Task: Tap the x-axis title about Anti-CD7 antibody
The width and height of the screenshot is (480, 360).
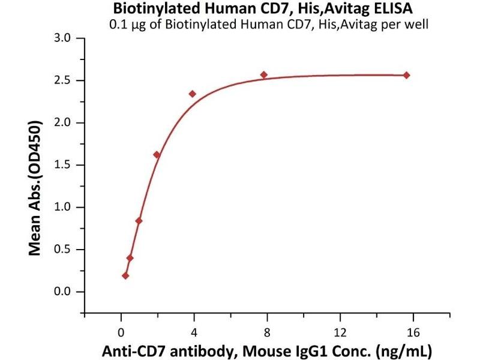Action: (267, 350)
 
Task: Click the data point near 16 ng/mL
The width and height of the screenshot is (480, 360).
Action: (406, 75)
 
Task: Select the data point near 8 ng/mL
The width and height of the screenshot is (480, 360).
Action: (264, 75)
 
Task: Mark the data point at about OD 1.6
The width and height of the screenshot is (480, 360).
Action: (157, 155)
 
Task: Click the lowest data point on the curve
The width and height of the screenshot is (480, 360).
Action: (125, 276)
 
